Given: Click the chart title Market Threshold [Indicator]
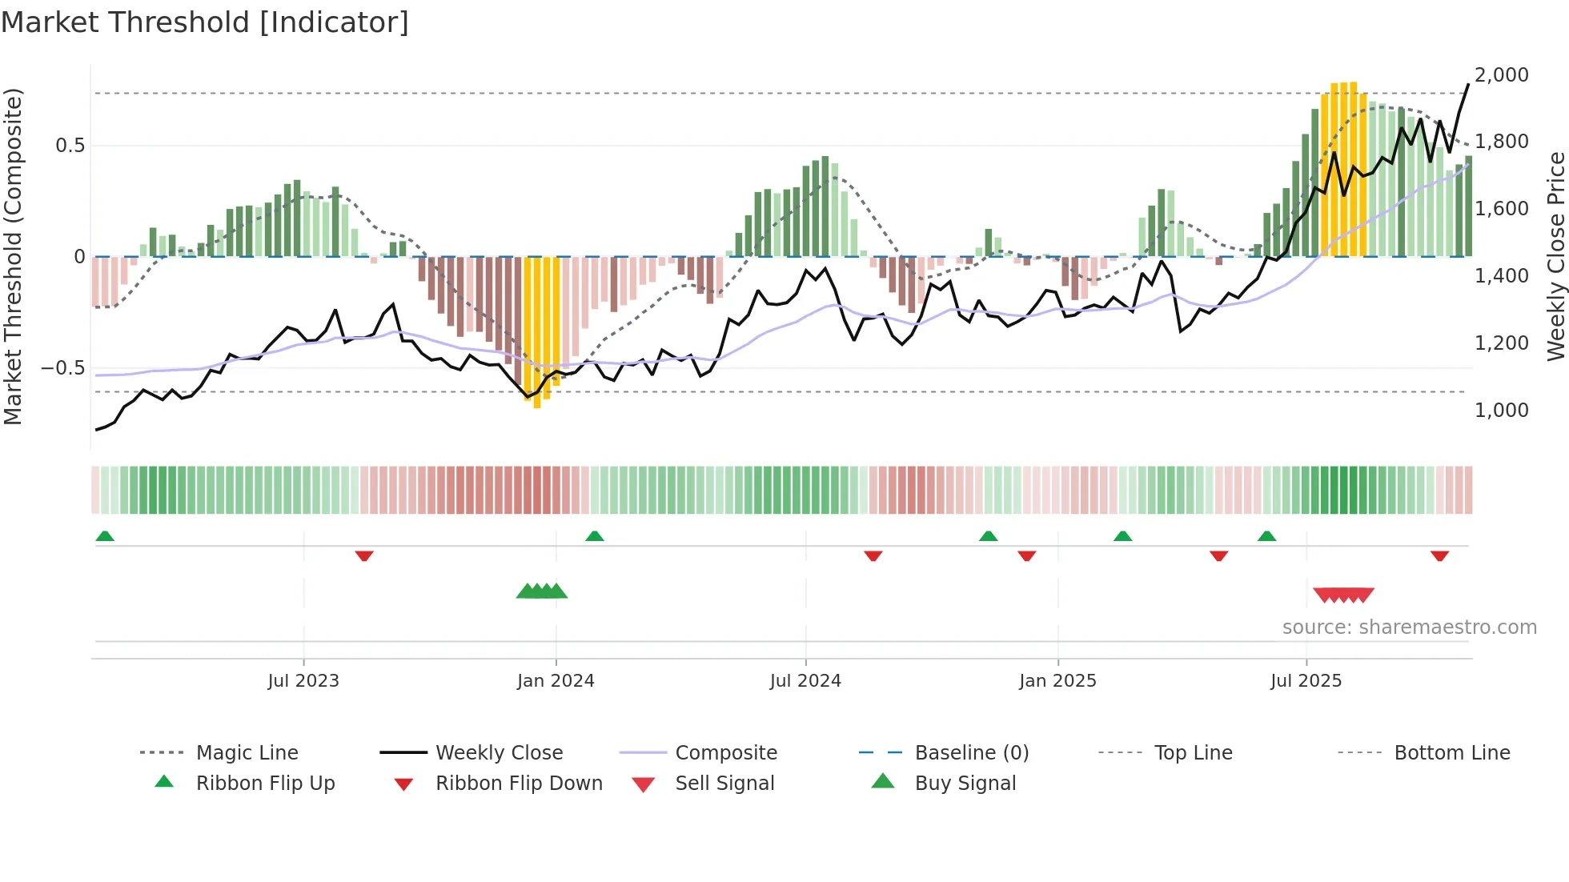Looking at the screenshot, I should pyautogui.click(x=205, y=22).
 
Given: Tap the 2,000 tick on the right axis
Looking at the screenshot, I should pyautogui.click(x=1501, y=75).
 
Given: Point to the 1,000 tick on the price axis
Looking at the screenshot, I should pyautogui.click(x=1501, y=411).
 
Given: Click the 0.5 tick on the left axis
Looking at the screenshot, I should pyautogui.click(x=70, y=146).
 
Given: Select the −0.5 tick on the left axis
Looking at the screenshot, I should pyautogui.click(x=62, y=368).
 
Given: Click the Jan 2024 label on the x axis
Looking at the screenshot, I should pyautogui.click(x=556, y=681).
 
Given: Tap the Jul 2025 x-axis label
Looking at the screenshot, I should pyautogui.click(x=1306, y=681).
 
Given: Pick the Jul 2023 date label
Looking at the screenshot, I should pyautogui.click(x=303, y=681).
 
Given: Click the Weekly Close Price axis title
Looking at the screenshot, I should pyautogui.click(x=1555, y=256).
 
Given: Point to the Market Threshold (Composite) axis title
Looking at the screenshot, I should pyautogui.click(x=13, y=256).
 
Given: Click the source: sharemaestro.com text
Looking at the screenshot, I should pyautogui.click(x=1409, y=627).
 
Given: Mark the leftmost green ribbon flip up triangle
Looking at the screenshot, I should pyautogui.click(x=105, y=536).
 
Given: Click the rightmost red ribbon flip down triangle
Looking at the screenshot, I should pyautogui.click(x=1439, y=555).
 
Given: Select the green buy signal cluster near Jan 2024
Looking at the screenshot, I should pyautogui.click(x=542, y=591).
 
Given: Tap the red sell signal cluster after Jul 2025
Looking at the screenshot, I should pyautogui.click(x=1343, y=595).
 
